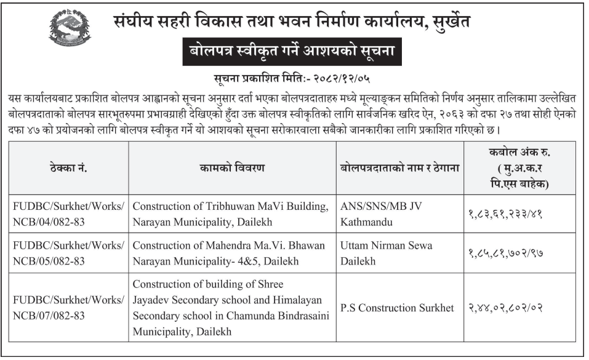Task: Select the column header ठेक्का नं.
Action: pyautogui.click(x=70, y=167)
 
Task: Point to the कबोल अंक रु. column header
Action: pyautogui.click(x=521, y=167)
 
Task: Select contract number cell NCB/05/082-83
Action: pyautogui.click(x=70, y=253)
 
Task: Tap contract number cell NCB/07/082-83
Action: pyautogui.click(x=70, y=307)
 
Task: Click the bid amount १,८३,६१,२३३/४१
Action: pyautogui.click(x=519, y=215)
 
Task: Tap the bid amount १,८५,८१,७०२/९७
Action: pyautogui.click(x=519, y=254)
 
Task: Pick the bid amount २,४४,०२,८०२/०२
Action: pyautogui.click(x=519, y=308)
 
